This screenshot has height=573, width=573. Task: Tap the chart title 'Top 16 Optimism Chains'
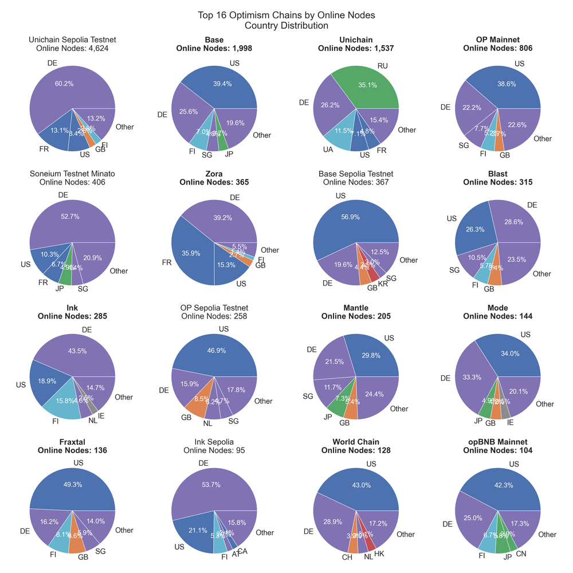[x=286, y=15]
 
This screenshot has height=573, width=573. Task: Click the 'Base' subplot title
[x=214, y=40]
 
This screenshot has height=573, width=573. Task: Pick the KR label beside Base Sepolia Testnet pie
[x=383, y=284]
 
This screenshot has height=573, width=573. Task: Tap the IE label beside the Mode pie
[x=511, y=423]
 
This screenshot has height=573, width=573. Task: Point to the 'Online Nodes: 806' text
[x=498, y=49]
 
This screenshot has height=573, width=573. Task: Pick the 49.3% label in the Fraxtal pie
[x=72, y=484]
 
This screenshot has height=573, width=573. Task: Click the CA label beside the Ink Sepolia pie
[x=242, y=551]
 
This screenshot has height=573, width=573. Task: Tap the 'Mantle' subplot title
[x=356, y=308]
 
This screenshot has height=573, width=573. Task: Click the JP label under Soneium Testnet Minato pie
[x=60, y=288]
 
